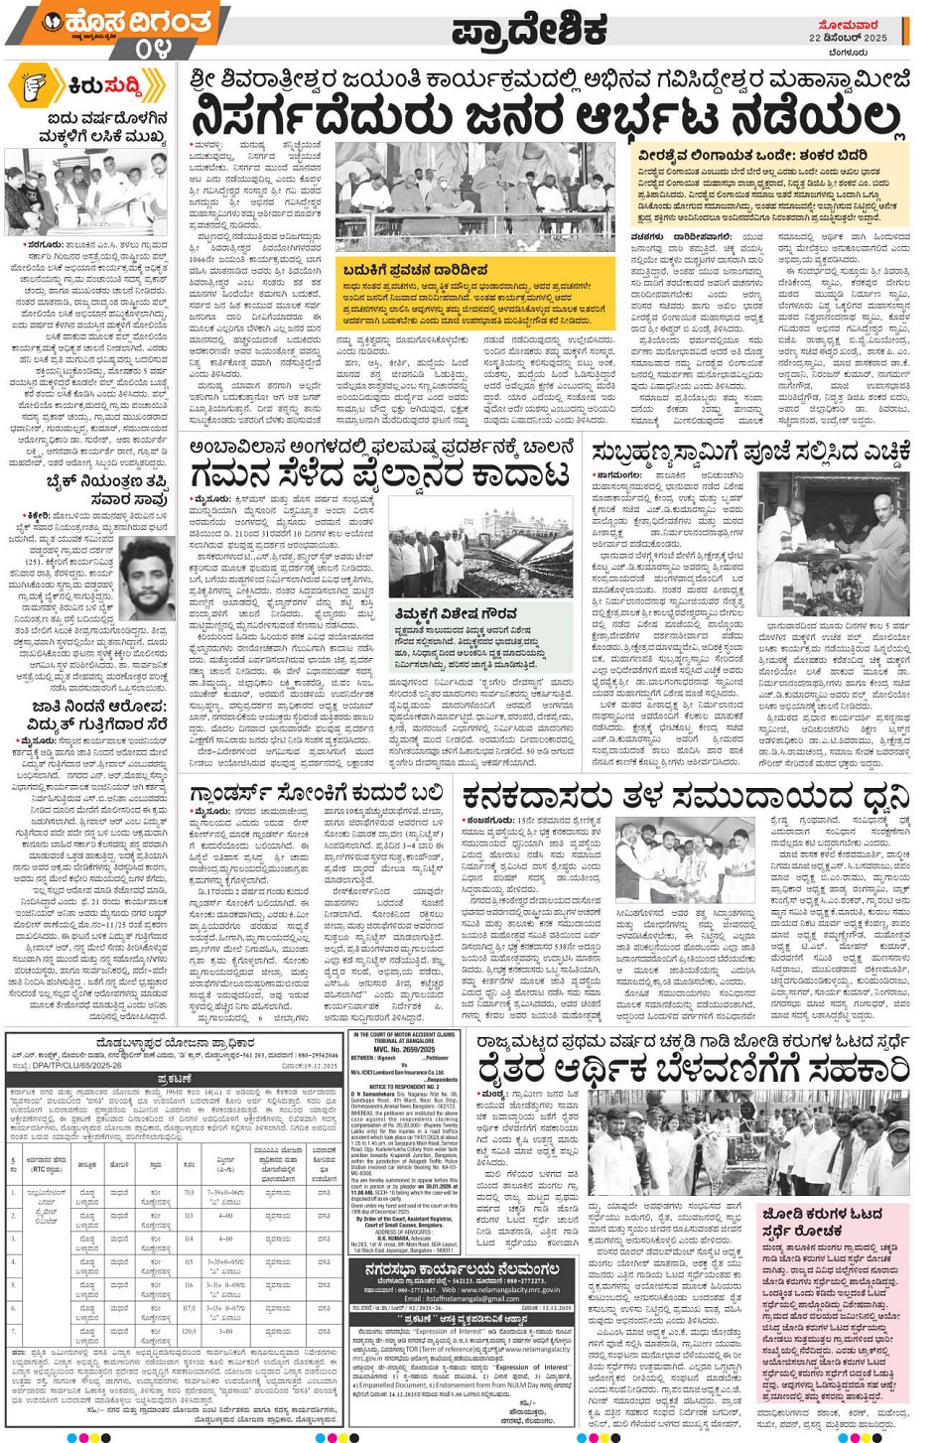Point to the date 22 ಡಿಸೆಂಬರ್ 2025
[x=848, y=38]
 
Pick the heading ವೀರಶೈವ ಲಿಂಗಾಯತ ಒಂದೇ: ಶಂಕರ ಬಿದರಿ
[x=751, y=156]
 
